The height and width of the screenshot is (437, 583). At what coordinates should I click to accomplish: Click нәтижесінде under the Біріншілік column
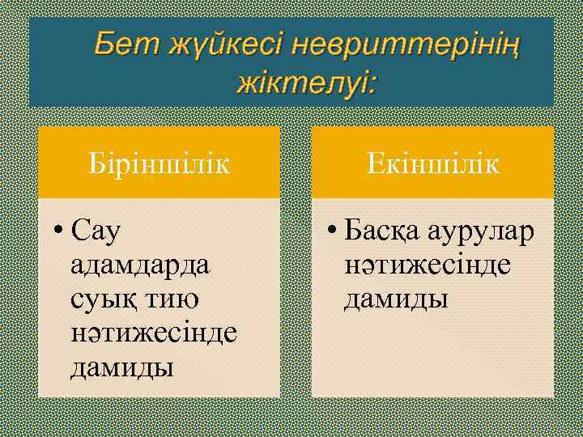[154, 333]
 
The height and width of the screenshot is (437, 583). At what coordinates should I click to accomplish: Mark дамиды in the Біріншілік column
[122, 367]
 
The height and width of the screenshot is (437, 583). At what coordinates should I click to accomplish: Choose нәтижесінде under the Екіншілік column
[427, 265]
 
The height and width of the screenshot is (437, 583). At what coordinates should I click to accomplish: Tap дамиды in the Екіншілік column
[396, 299]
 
